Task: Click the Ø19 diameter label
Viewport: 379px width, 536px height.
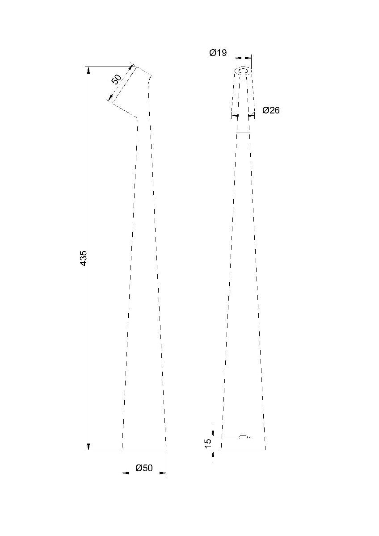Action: (218, 53)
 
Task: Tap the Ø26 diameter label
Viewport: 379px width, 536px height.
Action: (271, 110)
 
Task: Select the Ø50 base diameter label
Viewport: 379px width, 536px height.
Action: (144, 468)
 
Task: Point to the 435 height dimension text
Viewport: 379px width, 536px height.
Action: (84, 259)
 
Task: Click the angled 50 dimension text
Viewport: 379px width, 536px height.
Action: (116, 80)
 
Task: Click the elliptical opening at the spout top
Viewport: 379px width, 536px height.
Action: (244, 71)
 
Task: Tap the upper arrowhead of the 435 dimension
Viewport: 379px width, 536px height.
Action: (88, 70)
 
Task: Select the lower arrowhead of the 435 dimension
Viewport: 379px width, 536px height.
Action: (88, 447)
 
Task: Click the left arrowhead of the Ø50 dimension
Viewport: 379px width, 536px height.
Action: (126, 473)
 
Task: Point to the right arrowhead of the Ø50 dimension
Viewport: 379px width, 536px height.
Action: (163, 473)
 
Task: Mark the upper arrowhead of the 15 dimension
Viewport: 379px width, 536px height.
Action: (213, 433)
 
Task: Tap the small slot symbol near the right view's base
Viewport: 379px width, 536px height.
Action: (243, 436)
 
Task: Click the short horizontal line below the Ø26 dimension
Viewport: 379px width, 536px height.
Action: (243, 133)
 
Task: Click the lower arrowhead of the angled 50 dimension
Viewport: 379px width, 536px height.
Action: (110, 98)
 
